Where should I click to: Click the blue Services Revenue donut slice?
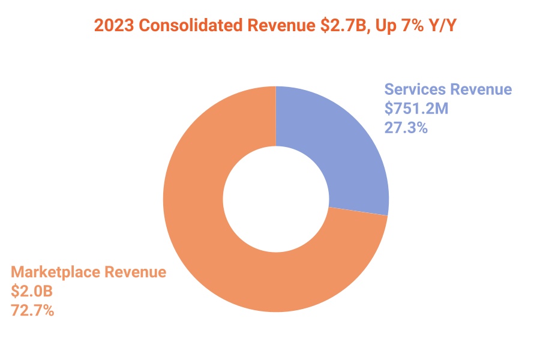point(336,150)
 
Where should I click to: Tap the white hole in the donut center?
point(276,199)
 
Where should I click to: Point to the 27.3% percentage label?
point(406,127)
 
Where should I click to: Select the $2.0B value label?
point(32,291)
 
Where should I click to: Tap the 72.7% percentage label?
point(32,310)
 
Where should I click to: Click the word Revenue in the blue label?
point(481,90)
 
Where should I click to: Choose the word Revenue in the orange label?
point(136,272)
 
